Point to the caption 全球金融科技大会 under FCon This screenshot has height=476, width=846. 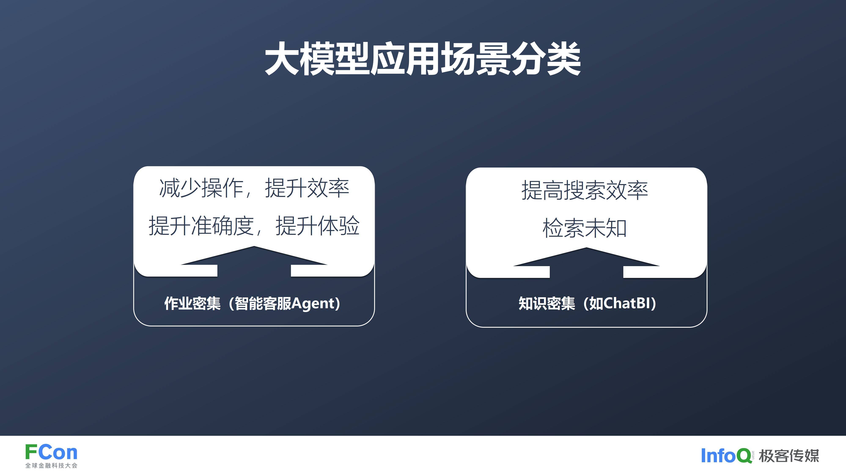click(51, 465)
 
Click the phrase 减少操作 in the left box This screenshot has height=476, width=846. click(201, 188)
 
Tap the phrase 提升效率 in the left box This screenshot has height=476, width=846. click(307, 188)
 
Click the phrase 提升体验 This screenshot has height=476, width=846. click(318, 226)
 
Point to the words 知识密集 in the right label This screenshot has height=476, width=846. click(547, 303)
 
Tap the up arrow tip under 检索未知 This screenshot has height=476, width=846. click(586, 248)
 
